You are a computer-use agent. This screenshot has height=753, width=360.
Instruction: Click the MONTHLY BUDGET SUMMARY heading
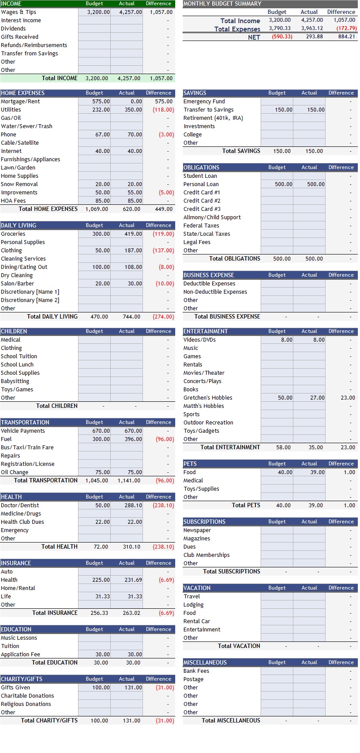click(x=222, y=3)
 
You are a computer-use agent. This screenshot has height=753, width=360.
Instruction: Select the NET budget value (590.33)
click(x=282, y=37)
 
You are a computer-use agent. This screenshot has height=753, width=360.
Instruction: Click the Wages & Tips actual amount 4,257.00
click(x=131, y=12)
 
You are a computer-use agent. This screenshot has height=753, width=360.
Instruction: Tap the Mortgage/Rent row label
click(x=20, y=102)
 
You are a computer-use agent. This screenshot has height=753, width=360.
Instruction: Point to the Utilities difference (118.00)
click(x=163, y=110)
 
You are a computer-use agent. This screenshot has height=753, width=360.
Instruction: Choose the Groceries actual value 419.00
click(x=133, y=234)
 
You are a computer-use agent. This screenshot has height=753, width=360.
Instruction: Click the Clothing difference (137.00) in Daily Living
click(x=163, y=251)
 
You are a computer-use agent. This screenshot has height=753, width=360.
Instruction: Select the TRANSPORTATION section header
click(x=25, y=422)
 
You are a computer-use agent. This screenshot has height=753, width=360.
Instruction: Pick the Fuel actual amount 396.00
click(x=133, y=439)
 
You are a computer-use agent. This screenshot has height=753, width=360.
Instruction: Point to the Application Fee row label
click(x=20, y=655)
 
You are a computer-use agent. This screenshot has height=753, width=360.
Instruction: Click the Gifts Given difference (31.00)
click(x=165, y=688)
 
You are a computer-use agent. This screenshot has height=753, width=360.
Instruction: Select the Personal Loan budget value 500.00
click(x=284, y=184)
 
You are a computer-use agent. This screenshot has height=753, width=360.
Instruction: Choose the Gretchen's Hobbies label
click(x=208, y=398)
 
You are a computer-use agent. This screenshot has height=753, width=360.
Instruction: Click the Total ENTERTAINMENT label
click(x=230, y=447)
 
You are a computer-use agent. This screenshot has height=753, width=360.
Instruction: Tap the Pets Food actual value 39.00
click(x=317, y=472)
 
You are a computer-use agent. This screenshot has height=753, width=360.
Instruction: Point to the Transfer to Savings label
click(x=208, y=110)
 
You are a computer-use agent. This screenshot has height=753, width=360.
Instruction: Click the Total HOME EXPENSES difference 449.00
click(x=164, y=209)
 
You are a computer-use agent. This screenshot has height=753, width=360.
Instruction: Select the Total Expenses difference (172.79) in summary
click(x=346, y=28)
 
